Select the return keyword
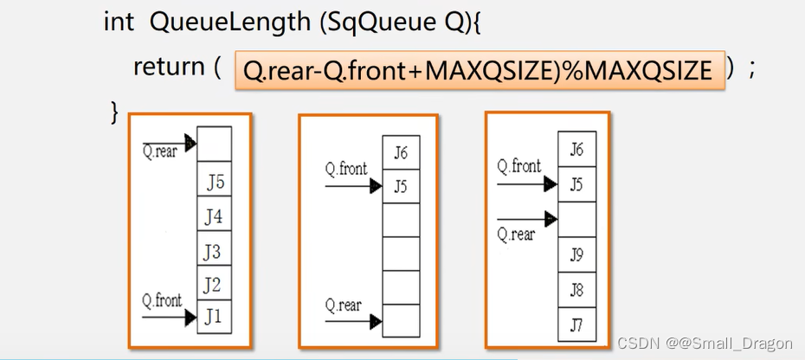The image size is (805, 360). coord(169,67)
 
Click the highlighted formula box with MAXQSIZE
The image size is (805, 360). coord(478,69)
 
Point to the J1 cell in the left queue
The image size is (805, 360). coord(214,317)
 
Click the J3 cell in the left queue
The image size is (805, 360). coord(214,250)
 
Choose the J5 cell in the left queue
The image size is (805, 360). coord(214,183)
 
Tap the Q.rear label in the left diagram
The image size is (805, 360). coord(160,153)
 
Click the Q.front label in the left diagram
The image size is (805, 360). coord(163,301)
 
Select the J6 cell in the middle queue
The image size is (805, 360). coord(401,153)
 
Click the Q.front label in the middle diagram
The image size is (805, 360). coord(346,169)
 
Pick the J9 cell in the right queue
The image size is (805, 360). coord(576,254)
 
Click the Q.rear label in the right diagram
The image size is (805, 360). coord(517,234)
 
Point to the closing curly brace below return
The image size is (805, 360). coord(113,111)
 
